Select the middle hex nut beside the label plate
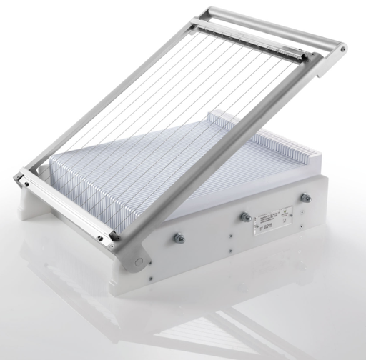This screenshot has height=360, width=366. point(245,216)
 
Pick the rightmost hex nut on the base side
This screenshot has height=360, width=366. point(305,198)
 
